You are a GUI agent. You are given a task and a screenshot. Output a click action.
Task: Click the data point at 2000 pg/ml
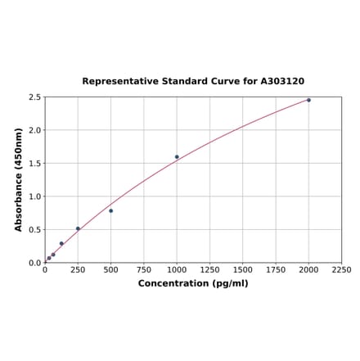click(308, 100)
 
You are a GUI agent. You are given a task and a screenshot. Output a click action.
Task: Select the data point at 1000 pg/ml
click(177, 157)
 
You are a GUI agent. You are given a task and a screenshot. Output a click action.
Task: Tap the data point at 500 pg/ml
click(111, 210)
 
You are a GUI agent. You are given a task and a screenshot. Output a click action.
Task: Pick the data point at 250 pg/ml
click(78, 228)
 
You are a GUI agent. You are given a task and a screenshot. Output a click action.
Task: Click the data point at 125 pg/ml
click(61, 243)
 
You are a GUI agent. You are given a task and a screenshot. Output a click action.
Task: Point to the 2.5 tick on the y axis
click(34, 97)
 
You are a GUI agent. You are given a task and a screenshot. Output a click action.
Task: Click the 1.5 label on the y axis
click(34, 164)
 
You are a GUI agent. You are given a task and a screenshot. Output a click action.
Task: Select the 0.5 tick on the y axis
click(34, 230)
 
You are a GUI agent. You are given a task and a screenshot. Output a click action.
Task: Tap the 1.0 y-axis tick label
click(34, 196)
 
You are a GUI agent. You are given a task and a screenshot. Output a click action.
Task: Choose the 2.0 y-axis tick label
click(34, 130)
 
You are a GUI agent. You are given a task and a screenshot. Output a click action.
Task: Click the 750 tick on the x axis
click(144, 269)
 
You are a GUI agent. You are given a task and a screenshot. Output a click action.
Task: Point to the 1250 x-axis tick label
click(209, 269)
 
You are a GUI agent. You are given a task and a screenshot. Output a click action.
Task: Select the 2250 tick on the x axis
click(341, 269)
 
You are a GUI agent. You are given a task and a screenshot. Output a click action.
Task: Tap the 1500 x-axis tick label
click(242, 269)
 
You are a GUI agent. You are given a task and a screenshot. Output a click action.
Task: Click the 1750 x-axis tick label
click(276, 269)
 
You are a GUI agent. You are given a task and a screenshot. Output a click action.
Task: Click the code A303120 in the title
click(282, 82)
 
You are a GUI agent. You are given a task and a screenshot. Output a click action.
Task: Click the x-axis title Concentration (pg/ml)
click(193, 283)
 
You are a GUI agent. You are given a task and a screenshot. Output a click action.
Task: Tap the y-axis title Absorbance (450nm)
click(19, 179)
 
